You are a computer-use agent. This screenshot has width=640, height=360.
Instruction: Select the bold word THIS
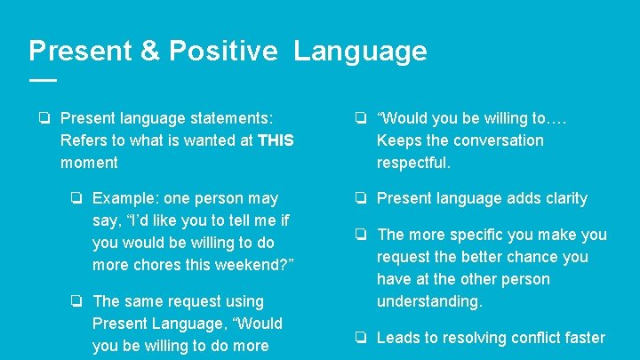275,140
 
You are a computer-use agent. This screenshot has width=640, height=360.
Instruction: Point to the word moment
89,163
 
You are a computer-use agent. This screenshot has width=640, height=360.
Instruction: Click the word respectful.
413,163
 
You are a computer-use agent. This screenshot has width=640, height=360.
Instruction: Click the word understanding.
429,301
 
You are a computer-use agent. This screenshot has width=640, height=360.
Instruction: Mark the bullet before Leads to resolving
362,338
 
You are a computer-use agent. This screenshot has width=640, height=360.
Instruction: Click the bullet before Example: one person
77,198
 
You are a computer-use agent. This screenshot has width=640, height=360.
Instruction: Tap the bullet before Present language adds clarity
362,198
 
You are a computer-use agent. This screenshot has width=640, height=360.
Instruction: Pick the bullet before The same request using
77,301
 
